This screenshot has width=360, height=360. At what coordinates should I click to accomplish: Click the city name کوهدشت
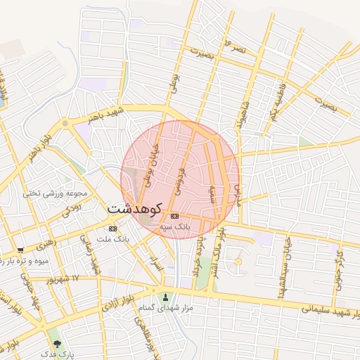(x=134, y=209)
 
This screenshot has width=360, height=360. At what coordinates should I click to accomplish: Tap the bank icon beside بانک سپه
(x=174, y=216)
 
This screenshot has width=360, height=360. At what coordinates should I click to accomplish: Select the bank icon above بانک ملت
(x=112, y=229)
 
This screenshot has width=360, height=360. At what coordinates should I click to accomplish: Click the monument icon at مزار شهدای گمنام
(x=165, y=297)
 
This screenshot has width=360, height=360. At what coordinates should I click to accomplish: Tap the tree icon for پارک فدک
(x=57, y=344)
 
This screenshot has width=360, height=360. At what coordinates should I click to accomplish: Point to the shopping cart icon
(x=20, y=250)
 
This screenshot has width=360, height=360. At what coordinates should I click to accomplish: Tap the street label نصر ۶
(x=235, y=49)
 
